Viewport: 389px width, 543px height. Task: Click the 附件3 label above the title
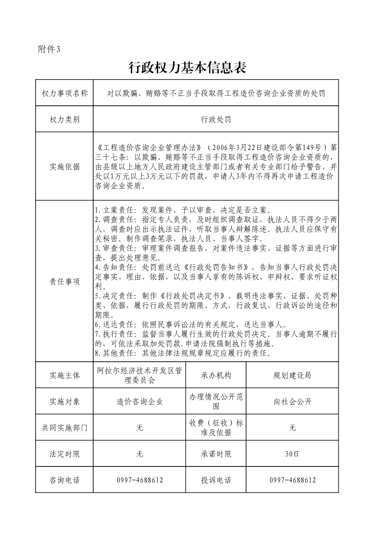pyautogui.click(x=49, y=49)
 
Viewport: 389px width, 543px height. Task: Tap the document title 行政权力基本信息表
pyautogui.click(x=187, y=68)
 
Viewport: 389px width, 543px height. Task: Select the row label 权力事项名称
pyautogui.click(x=64, y=93)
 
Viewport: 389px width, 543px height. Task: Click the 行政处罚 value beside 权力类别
pyautogui.click(x=216, y=119)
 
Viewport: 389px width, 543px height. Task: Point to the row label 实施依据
pyautogui.click(x=64, y=167)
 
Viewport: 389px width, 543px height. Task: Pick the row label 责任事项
pyautogui.click(x=64, y=281)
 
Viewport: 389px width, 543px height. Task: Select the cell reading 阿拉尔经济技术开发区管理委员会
pyautogui.click(x=140, y=375)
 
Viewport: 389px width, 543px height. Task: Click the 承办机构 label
pyautogui.click(x=216, y=375)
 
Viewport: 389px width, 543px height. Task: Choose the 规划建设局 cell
pyautogui.click(x=292, y=375)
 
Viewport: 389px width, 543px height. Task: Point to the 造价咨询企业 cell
pyautogui.click(x=140, y=402)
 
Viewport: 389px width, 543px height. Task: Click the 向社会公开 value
pyautogui.click(x=292, y=402)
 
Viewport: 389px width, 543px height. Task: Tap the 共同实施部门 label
pyautogui.click(x=64, y=428)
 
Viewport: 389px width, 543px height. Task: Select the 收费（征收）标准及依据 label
pyautogui.click(x=216, y=428)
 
